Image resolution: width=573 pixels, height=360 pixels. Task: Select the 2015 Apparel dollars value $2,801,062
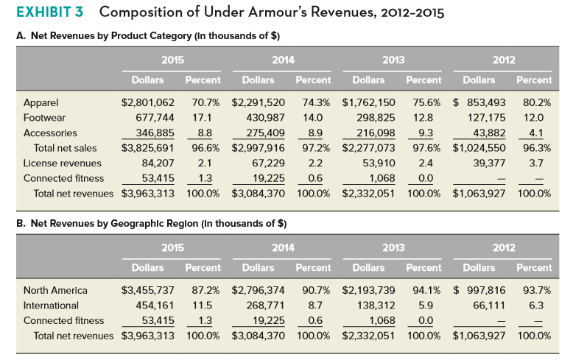tap(147, 102)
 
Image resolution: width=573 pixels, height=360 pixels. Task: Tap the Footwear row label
tap(45, 118)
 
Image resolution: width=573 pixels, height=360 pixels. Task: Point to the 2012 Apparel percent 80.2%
tap(535, 102)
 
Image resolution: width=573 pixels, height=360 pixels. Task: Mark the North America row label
tap(55, 290)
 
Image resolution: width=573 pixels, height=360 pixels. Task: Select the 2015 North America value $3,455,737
tap(147, 290)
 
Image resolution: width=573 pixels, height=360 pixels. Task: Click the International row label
tap(51, 306)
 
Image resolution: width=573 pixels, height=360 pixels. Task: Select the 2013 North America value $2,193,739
tap(369, 290)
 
